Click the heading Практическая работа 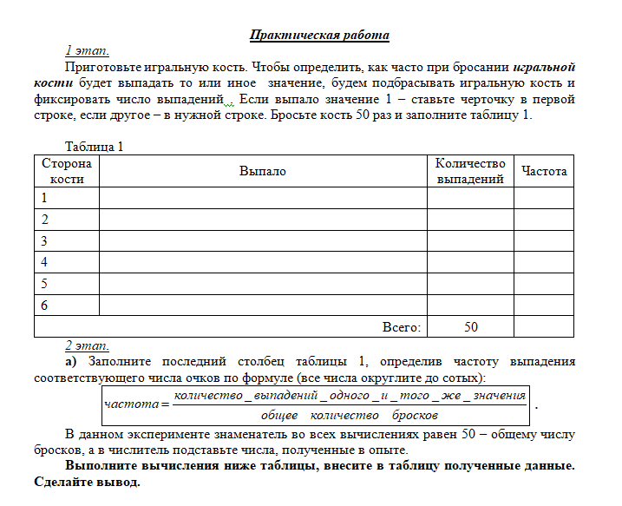319,36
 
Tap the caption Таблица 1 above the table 95,147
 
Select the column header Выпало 262,171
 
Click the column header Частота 544,171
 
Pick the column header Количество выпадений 469,171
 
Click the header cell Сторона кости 67,171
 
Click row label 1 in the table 44,198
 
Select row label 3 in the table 44,240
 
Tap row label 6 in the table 44,305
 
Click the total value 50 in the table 470,327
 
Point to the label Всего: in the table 402,327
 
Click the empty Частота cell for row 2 544,220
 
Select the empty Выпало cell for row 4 262,262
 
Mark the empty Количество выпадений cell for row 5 469,284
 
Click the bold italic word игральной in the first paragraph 544,66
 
